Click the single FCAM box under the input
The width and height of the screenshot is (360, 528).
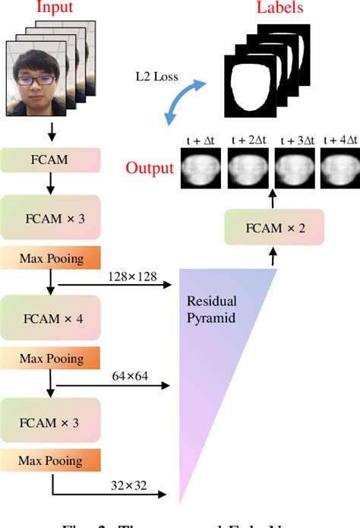coord(52,161)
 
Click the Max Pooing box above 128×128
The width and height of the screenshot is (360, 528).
coord(52,258)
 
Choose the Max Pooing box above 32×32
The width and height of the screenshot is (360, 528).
coord(52,459)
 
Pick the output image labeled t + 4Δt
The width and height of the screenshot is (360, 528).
coord(339,169)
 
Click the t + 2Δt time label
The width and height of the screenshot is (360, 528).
coord(247,141)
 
